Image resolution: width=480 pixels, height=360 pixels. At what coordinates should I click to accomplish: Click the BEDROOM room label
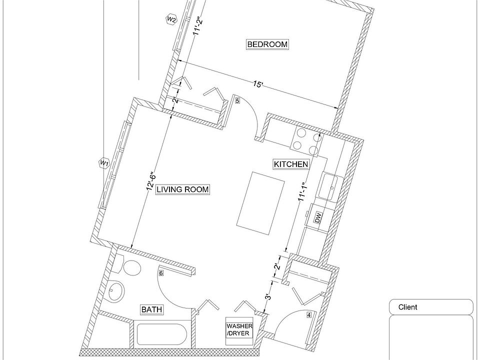[267, 44]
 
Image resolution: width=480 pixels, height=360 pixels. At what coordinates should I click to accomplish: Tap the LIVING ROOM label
[183, 190]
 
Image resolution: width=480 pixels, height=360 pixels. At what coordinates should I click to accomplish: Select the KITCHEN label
[291, 164]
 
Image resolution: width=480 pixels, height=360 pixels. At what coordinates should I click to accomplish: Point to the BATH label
[151, 309]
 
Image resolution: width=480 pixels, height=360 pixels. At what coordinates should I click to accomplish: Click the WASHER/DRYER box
[239, 330]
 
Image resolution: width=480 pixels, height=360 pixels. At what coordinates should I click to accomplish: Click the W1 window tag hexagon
[104, 163]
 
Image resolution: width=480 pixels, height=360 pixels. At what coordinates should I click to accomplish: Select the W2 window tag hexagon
[171, 20]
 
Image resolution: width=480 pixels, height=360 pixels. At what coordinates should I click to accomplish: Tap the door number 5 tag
[237, 100]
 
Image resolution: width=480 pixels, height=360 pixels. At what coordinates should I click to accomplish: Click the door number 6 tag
[161, 273]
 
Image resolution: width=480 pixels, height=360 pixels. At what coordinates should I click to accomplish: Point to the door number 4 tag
[309, 314]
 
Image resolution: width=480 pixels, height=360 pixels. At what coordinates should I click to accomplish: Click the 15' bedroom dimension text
[258, 83]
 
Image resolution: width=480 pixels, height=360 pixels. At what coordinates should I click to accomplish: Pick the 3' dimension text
[268, 296]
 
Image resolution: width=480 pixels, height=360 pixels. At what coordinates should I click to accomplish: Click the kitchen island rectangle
[260, 203]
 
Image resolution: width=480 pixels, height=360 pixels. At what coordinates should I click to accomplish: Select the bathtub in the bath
[160, 334]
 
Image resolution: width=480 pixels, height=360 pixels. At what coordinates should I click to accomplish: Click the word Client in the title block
[407, 307]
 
